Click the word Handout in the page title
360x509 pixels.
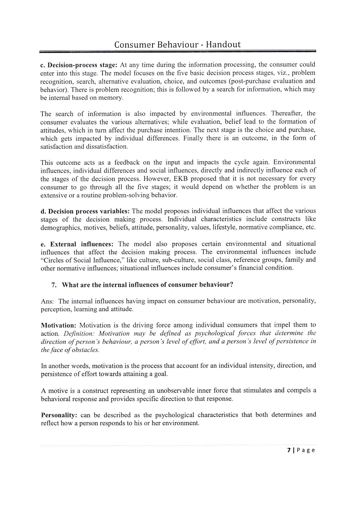tap(223, 45)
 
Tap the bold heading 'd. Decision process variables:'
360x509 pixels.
tap(85, 211)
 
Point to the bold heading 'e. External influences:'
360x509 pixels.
tap(77, 244)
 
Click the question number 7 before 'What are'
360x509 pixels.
tap(54, 285)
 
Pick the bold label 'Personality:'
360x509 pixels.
tap(59, 415)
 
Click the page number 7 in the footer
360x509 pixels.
tap(289, 450)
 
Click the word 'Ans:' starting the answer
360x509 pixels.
tap(48, 301)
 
